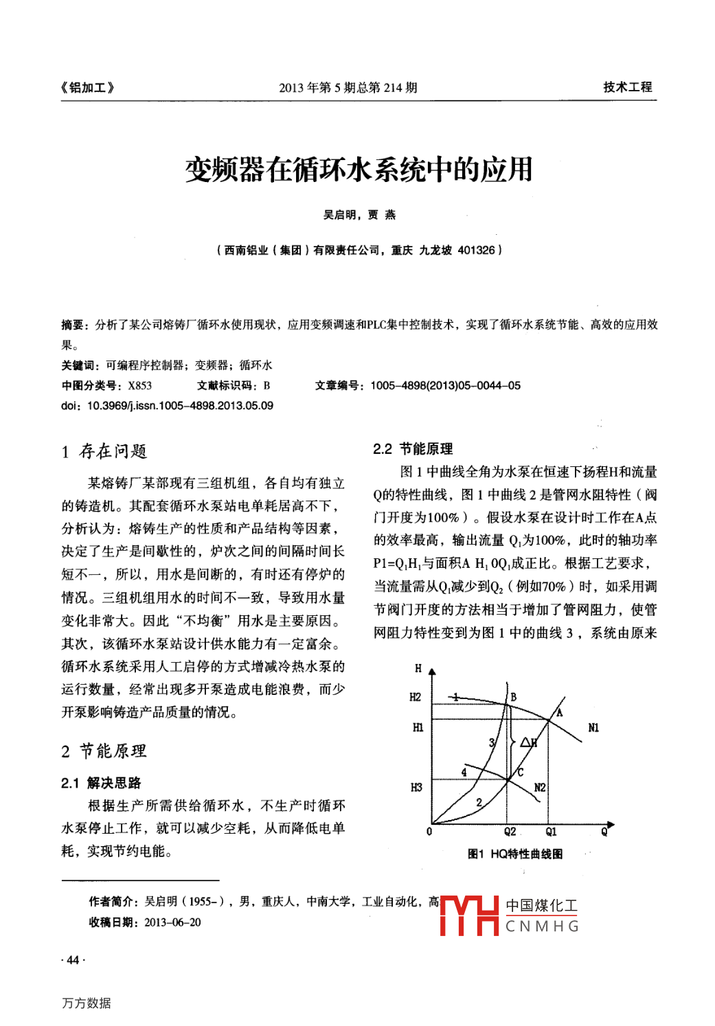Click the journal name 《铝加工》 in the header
tap(87, 87)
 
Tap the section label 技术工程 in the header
tap(627, 87)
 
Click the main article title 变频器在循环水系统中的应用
tap(359, 170)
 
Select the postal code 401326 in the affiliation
tap(476, 250)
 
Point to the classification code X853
tap(139, 385)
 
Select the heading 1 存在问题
tap(104, 451)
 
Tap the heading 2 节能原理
tap(104, 751)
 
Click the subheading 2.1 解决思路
tap(101, 783)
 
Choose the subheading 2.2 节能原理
tap(413, 449)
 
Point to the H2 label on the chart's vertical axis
tap(416, 697)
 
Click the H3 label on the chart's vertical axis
tap(416, 788)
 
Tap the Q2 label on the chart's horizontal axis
tap(510, 832)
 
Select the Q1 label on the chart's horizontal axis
tap(551, 832)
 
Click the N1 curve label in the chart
tap(593, 728)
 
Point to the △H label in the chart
tap(528, 742)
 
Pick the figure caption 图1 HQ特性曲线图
tap(514, 854)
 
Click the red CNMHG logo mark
tap(469, 915)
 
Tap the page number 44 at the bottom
tap(73, 960)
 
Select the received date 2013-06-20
tap(172, 922)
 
